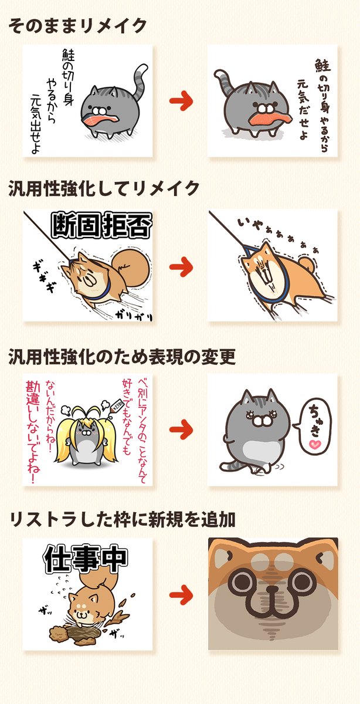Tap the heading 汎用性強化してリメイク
pos(104,189)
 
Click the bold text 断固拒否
pos(101,225)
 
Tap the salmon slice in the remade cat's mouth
pos(267,117)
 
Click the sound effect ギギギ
pos(43,275)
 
